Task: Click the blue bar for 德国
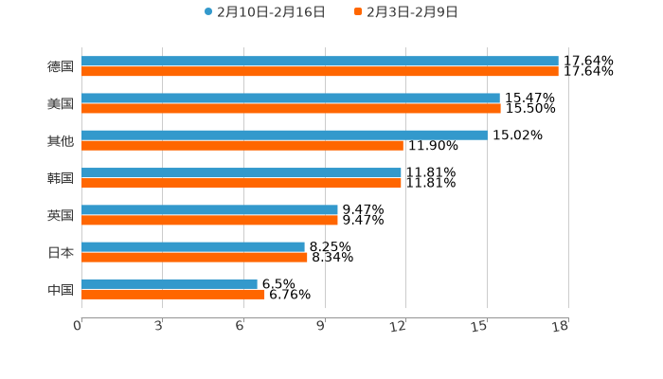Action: (320, 61)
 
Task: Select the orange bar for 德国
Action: (320, 71)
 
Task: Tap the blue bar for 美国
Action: (291, 98)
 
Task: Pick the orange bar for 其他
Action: (242, 146)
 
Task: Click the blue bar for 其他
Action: (284, 135)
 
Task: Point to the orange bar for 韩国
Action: (242, 183)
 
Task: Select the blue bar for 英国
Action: (209, 209)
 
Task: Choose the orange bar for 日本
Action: (194, 257)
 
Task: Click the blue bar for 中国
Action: (170, 283)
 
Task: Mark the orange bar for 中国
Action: (173, 294)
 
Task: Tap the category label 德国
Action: (61, 66)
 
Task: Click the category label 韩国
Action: (61, 178)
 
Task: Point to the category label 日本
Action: (61, 252)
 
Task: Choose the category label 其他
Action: (61, 140)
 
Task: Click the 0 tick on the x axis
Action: (78, 327)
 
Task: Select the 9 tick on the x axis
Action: (321, 327)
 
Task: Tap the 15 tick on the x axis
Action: (480, 327)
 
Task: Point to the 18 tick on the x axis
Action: (561, 327)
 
